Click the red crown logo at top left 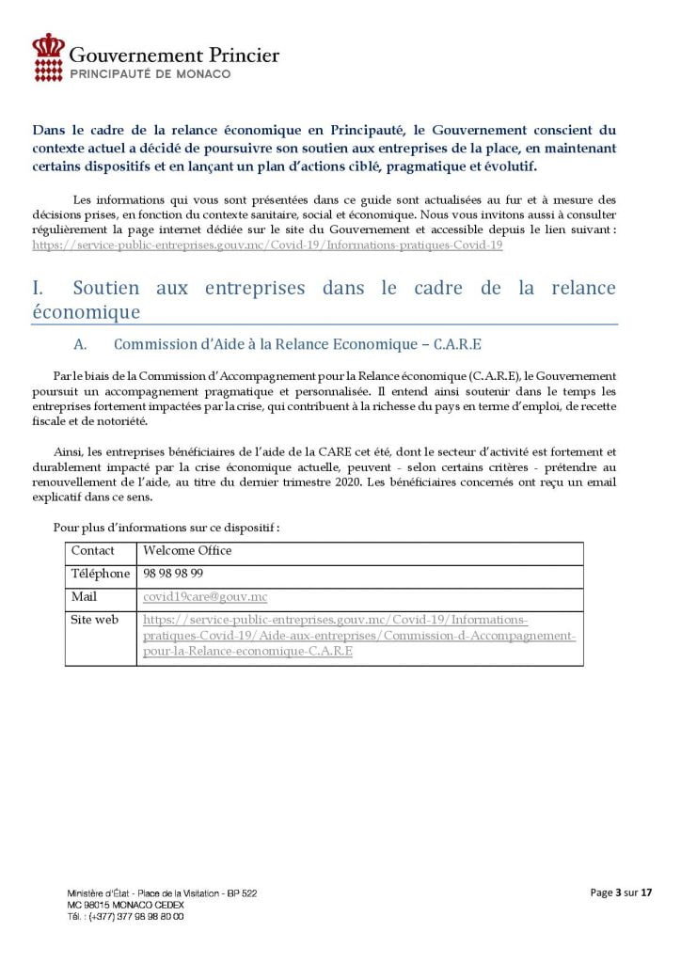(49, 56)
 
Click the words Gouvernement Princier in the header (175, 55)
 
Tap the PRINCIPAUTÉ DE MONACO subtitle (150, 73)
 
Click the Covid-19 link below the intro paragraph (267, 245)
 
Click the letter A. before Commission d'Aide (81, 345)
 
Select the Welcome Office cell (187, 550)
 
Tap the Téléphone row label (100, 573)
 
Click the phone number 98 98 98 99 (173, 573)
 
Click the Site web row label (94, 620)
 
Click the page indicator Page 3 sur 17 (621, 892)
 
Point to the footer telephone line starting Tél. (125, 915)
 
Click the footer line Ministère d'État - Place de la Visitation (148, 892)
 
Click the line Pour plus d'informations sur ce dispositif (166, 528)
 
